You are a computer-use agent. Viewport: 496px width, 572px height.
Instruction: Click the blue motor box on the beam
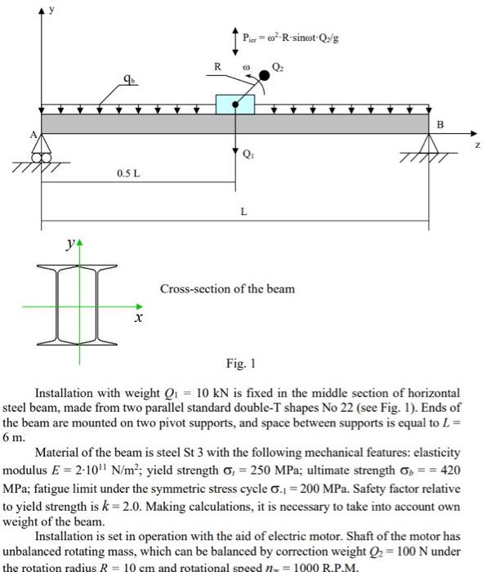click(x=235, y=104)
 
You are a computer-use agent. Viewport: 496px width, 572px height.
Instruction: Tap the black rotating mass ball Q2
click(x=264, y=77)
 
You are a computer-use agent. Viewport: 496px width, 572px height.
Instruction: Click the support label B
click(x=440, y=125)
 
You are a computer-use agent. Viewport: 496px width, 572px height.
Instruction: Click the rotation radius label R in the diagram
click(x=217, y=65)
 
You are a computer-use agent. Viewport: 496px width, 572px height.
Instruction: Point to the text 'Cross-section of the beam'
click(x=227, y=288)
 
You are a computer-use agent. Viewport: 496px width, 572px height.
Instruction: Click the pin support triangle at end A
click(x=41, y=148)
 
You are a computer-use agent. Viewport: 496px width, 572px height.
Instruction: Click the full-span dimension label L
click(x=243, y=211)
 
